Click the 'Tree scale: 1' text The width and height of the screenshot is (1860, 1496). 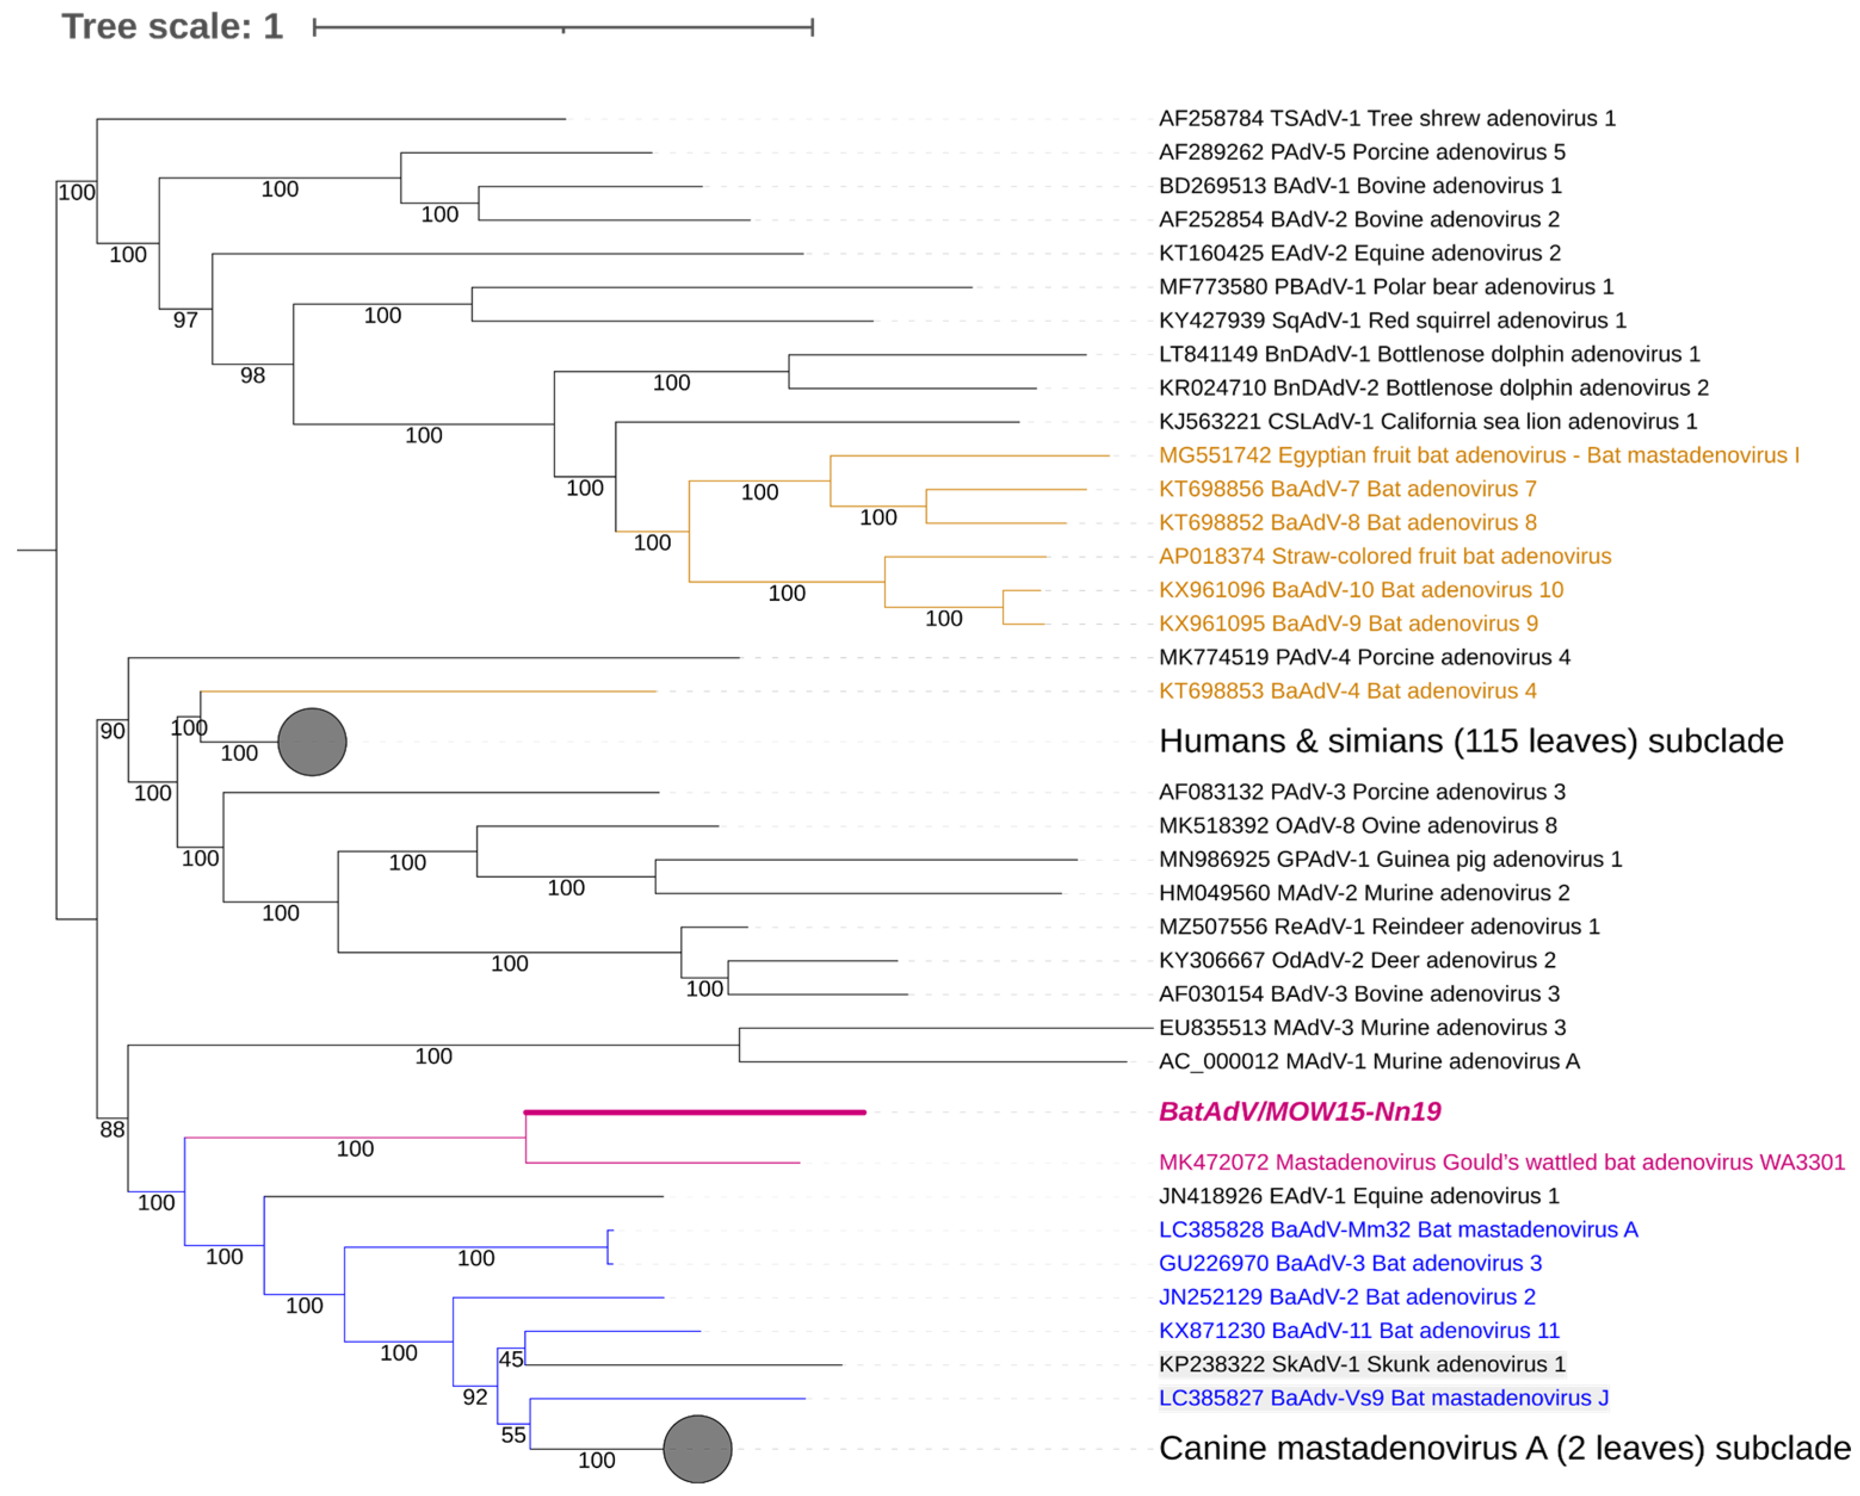[172, 27]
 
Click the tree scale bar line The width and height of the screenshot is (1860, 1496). [562, 27]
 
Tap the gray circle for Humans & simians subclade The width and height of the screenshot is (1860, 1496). [312, 742]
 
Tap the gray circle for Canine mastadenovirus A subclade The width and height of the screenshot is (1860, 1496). [697, 1449]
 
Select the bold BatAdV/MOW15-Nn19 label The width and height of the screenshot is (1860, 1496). [1299, 1111]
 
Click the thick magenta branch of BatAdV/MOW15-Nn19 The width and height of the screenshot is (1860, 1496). [695, 1112]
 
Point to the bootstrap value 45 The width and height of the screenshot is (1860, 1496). [510, 1359]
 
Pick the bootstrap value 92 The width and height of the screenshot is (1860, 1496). [475, 1397]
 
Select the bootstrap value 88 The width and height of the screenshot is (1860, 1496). [112, 1129]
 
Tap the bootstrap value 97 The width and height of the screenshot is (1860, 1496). [185, 320]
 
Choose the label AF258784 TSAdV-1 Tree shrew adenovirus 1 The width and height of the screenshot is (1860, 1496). [1387, 118]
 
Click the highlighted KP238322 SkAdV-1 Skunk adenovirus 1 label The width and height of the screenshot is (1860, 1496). [1361, 1364]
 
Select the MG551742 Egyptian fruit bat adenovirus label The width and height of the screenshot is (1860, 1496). [1479, 455]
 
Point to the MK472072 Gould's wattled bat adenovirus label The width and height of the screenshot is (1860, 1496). [1501, 1162]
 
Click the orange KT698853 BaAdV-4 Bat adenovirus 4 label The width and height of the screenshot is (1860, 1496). [1347, 691]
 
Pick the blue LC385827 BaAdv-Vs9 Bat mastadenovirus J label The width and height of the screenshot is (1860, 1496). [1383, 1398]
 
